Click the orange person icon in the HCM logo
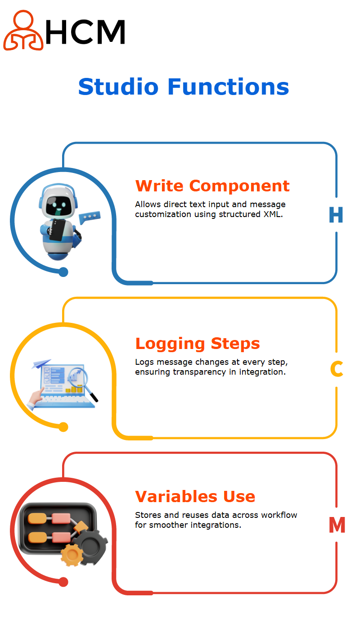(23, 31)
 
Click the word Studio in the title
(118, 87)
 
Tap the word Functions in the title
(228, 87)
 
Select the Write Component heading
(212, 186)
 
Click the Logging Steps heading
(198, 344)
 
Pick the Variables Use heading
(195, 496)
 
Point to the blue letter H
(336, 215)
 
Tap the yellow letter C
(337, 369)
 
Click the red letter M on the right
(337, 525)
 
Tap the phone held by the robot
(57, 230)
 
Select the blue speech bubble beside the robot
(90, 217)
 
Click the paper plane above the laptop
(41, 363)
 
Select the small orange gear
(72, 555)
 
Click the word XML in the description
(273, 214)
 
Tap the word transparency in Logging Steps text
(199, 372)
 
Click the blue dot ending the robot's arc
(63, 272)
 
